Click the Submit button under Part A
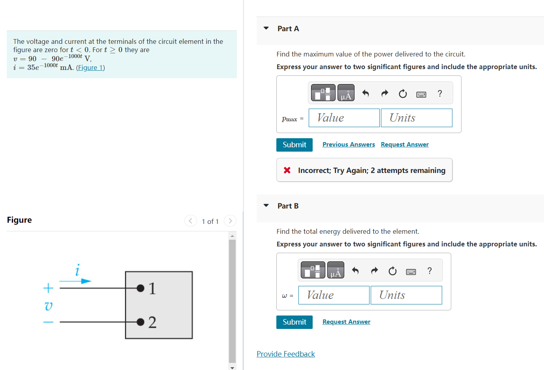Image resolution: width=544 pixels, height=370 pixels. [294, 145]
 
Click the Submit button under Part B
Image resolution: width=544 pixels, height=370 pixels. [294, 322]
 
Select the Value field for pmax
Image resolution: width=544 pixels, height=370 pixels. [344, 118]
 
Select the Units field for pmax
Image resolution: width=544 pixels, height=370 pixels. [416, 118]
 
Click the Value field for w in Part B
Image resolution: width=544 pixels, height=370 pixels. [334, 295]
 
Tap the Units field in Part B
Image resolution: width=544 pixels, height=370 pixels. [406, 295]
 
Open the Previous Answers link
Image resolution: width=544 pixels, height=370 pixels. [348, 145]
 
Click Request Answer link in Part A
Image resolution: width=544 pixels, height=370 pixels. [404, 145]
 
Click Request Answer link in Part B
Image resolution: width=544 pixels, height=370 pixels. [346, 322]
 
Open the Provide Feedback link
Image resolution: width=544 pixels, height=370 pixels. [285, 354]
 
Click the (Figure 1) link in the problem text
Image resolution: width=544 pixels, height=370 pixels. [90, 68]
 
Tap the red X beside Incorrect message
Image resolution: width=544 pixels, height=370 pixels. [287, 170]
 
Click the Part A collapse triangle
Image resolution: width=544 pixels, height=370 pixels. [266, 28]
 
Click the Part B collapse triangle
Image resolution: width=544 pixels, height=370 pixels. [266, 206]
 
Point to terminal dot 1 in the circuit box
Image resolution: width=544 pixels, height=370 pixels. [140, 288]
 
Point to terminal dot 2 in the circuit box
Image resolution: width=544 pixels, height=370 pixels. [140, 322]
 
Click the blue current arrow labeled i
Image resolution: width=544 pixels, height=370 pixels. [75, 281]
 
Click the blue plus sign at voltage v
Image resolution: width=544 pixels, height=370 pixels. [48, 288]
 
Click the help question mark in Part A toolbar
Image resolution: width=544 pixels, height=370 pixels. [439, 94]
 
